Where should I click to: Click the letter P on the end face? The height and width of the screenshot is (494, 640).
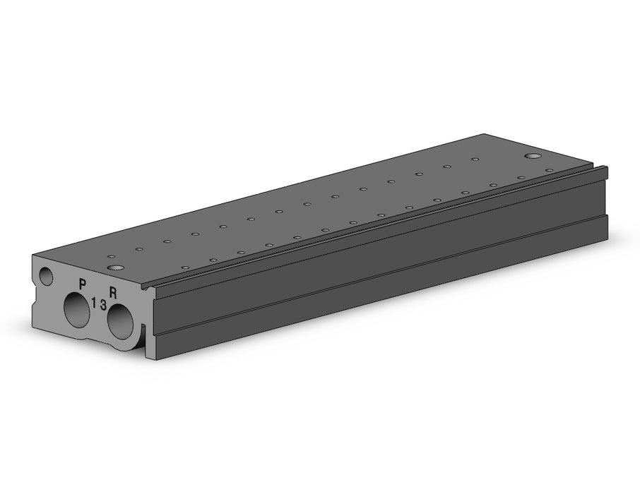(83, 284)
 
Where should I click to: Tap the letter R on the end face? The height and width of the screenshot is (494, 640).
(113, 292)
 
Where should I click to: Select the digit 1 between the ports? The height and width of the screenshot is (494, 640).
(94, 303)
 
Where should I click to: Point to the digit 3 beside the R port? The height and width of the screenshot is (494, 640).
(103, 304)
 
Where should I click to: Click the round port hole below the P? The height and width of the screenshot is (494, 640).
(77, 309)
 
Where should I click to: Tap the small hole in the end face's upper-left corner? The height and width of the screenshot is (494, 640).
(47, 276)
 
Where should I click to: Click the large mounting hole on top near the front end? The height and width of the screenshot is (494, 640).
(117, 267)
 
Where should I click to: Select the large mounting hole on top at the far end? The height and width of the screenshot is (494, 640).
(533, 156)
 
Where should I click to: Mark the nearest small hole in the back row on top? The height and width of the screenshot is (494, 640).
(112, 257)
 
